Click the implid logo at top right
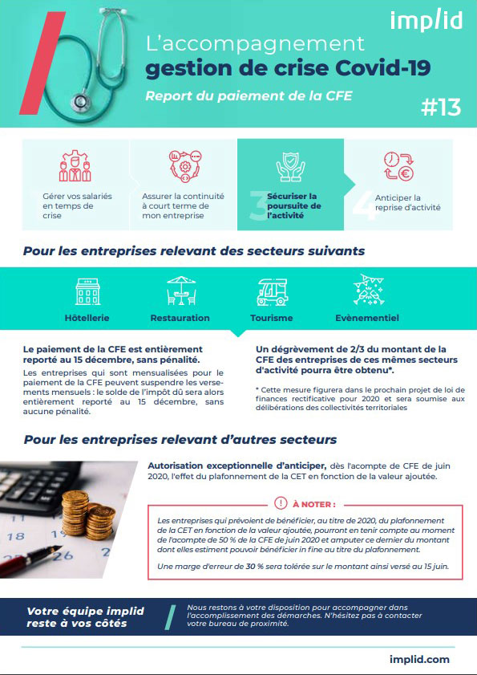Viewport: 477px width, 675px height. pos(426,20)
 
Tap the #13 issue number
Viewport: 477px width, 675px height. pos(440,108)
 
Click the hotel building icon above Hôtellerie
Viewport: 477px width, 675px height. pos(87,291)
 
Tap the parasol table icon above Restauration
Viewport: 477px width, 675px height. pos(180,291)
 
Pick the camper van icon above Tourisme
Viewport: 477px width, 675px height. pos(272,291)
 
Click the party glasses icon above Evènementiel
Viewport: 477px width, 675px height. pos(366,290)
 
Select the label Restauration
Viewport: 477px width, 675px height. pos(180,318)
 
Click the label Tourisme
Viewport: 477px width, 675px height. pos(273,318)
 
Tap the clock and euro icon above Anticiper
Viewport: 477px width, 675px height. pos(398,166)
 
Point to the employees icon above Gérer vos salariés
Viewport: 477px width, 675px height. pos(75,166)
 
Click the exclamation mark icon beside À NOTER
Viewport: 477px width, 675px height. pos(281,503)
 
